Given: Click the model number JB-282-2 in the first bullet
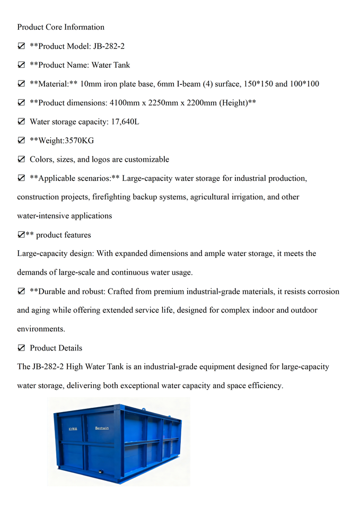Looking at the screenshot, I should [x=110, y=46].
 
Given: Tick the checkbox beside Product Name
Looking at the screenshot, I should [x=22, y=65].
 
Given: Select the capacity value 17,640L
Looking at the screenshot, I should [x=125, y=121].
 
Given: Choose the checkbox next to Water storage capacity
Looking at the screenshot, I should [x=22, y=121].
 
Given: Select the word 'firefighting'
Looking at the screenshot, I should [x=112, y=197].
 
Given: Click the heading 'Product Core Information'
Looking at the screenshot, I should [x=60, y=27].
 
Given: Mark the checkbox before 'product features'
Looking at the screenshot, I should [x=21, y=235].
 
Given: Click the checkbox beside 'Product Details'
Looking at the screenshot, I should [x=22, y=348].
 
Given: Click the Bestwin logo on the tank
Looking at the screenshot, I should [x=102, y=427].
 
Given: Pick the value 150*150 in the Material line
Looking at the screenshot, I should [x=258, y=84].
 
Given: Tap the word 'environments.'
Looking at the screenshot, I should [x=41, y=329].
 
